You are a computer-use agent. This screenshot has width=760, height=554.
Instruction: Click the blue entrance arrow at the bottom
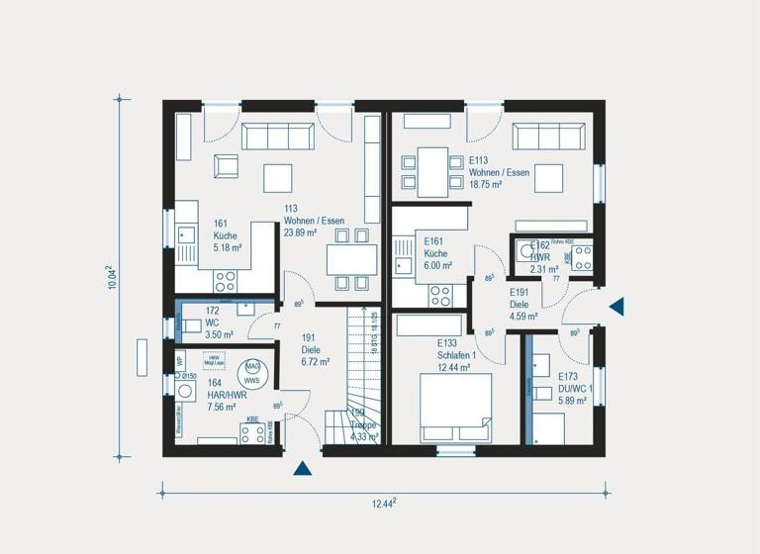302,468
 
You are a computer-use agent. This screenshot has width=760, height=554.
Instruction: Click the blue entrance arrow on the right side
617,307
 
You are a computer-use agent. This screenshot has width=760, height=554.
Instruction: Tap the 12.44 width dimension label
384,504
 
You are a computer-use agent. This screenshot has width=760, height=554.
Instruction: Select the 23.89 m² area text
300,233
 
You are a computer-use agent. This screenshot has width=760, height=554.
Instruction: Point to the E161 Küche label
438,253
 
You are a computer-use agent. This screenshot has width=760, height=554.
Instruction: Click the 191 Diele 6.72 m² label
315,349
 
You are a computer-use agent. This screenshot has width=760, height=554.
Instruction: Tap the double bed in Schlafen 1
455,407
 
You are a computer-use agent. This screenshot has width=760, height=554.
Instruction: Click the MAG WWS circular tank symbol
251,373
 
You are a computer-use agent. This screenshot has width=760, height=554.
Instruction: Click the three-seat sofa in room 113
278,137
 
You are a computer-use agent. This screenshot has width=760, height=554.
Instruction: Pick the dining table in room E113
431,171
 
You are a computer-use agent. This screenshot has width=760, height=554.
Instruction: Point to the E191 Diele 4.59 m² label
523,305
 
